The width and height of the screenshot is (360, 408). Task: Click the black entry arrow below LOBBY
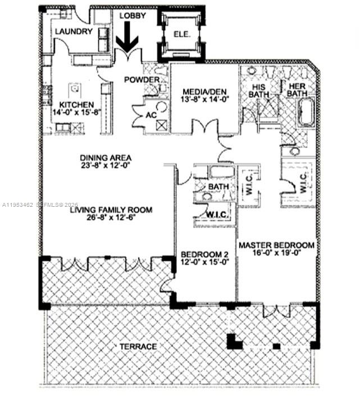[x=129, y=41]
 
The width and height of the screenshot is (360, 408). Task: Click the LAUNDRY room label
[x=73, y=31]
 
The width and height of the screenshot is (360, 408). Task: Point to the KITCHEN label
[x=76, y=105]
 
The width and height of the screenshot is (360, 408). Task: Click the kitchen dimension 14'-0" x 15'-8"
[x=76, y=112]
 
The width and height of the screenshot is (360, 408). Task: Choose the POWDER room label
[x=142, y=80]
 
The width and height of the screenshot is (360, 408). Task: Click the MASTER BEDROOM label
[x=276, y=246]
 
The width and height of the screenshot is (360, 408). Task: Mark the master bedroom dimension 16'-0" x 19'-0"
[x=276, y=253]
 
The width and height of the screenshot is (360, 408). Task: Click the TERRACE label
[x=138, y=347]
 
